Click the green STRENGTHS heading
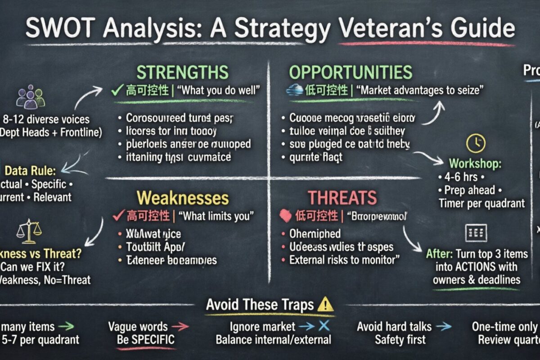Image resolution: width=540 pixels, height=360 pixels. click(x=182, y=72)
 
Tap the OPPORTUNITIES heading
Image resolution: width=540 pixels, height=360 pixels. click(x=350, y=72)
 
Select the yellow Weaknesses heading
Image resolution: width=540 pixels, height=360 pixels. click(x=182, y=198)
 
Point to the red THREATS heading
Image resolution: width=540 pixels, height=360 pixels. click(x=342, y=198)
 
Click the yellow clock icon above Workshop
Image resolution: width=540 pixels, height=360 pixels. click(x=475, y=144)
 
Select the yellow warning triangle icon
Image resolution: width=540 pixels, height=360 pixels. click(x=325, y=305)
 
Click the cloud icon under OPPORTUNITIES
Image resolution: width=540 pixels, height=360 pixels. click(x=294, y=90)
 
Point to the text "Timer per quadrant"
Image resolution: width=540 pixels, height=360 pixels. click(x=481, y=203)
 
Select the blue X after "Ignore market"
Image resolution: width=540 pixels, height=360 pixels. click(x=323, y=326)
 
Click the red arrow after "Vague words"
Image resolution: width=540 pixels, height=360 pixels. click(x=180, y=326)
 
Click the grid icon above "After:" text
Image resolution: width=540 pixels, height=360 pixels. click(x=475, y=233)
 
